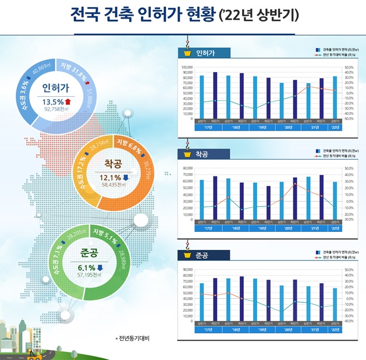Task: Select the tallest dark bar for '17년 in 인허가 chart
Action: tap(215, 95)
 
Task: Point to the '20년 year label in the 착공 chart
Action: tap(287, 228)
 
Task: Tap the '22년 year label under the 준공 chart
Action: tap(335, 329)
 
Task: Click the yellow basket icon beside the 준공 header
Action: tap(187, 255)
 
